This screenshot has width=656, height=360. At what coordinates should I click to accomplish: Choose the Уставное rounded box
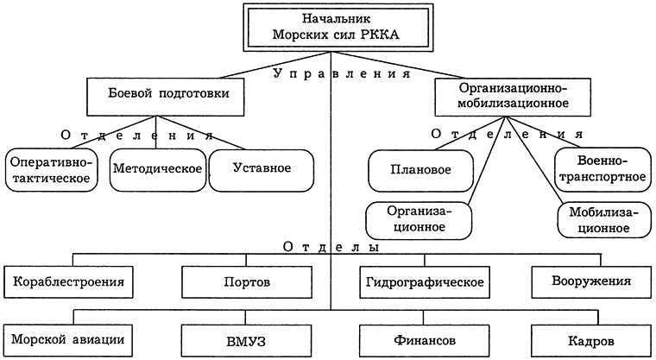click(x=261, y=167)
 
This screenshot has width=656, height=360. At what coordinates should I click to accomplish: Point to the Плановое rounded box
click(x=420, y=170)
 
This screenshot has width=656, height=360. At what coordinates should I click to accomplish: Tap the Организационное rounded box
click(x=416, y=218)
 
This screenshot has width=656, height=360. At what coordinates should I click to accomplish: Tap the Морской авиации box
click(x=70, y=338)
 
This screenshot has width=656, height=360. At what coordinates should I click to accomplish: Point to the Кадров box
click(x=590, y=338)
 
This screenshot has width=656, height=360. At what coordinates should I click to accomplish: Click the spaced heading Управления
click(x=340, y=74)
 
